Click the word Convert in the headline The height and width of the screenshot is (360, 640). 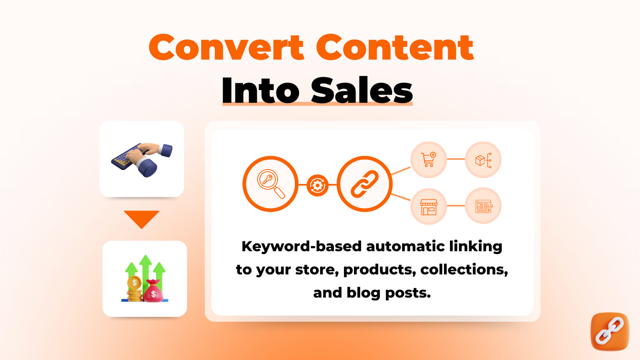click(x=226, y=47)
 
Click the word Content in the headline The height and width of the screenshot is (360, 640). click(x=395, y=47)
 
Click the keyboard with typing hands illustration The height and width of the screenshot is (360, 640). click(x=141, y=158)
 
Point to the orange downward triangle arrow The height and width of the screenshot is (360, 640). click(x=141, y=219)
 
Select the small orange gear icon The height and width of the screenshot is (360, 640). click(x=317, y=185)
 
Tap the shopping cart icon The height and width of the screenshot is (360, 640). click(x=428, y=159)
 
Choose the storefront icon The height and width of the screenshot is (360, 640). click(x=428, y=206)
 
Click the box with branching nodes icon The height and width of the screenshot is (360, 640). click(x=483, y=159)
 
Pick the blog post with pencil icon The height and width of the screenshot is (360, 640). click(x=483, y=206)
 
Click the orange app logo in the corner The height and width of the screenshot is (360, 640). click(x=609, y=331)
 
